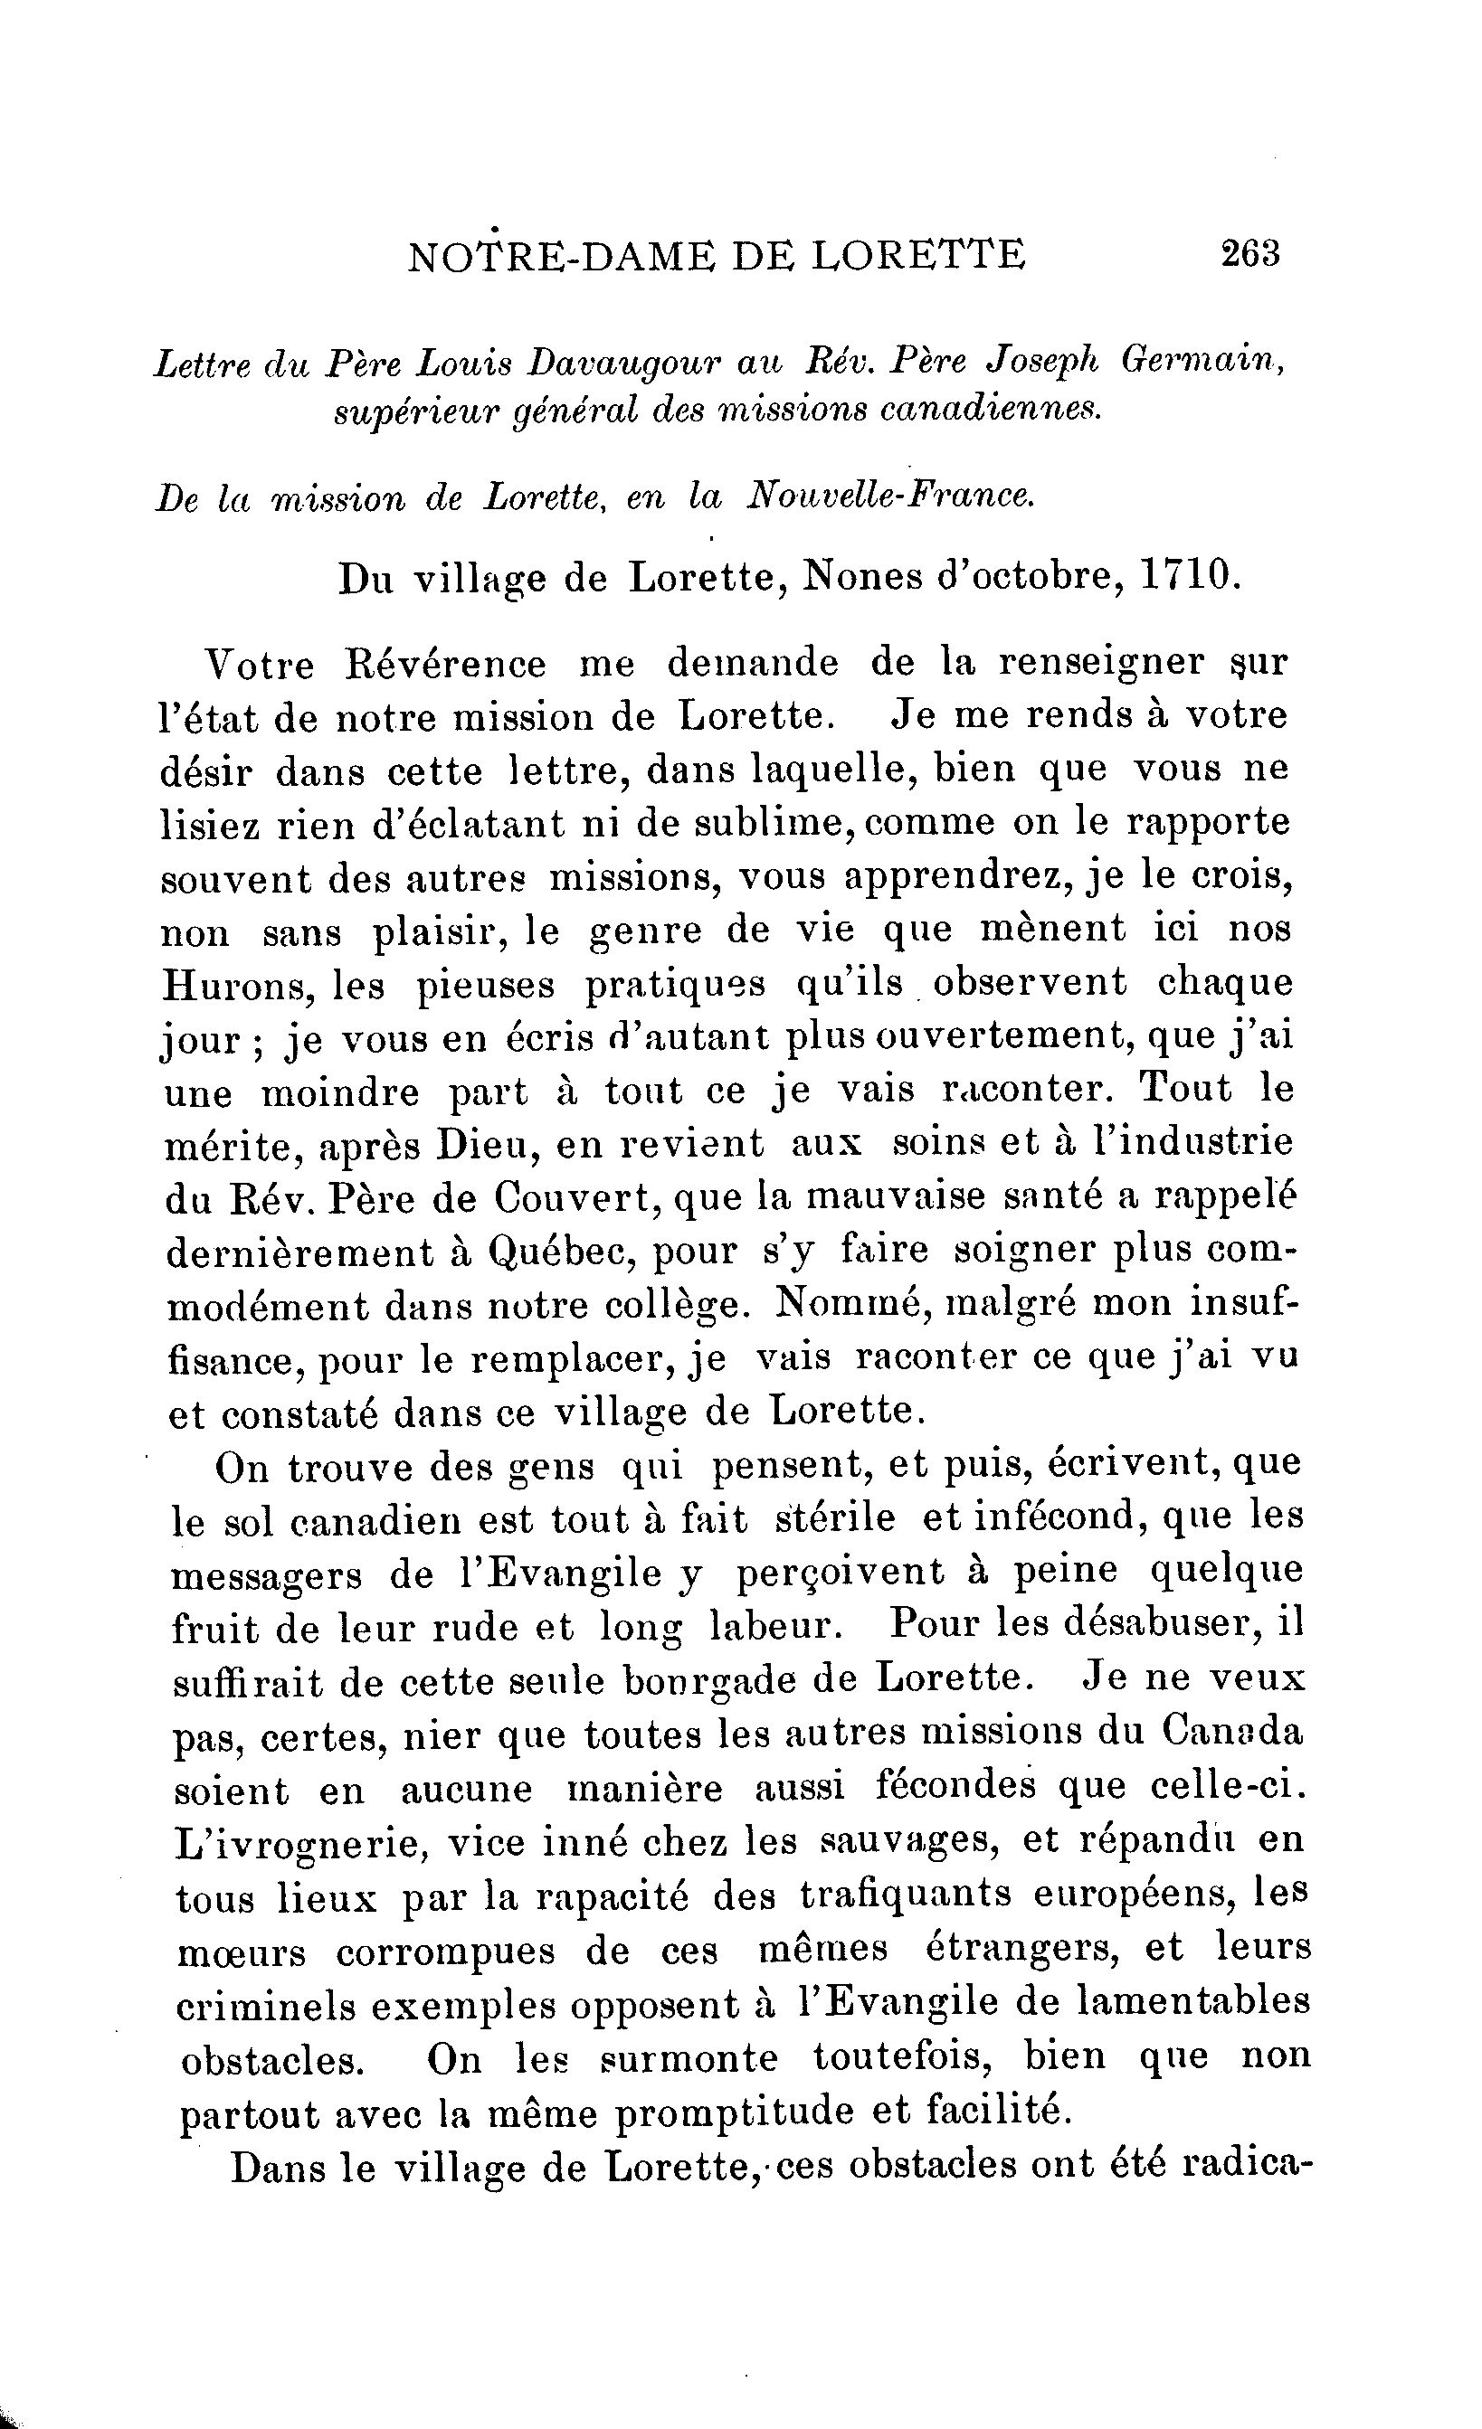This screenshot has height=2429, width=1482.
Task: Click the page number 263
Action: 1249,254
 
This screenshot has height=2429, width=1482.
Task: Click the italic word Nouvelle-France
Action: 890,495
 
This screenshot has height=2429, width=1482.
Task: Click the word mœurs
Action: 242,1950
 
